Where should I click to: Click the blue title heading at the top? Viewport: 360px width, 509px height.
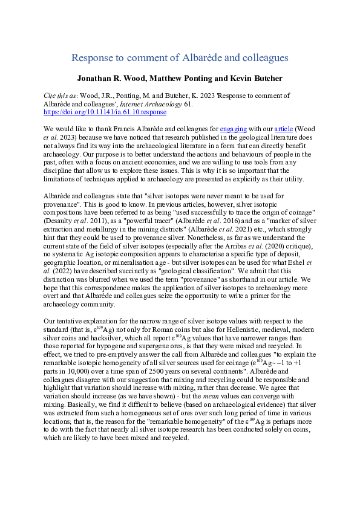pyautogui.click(x=180, y=58)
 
